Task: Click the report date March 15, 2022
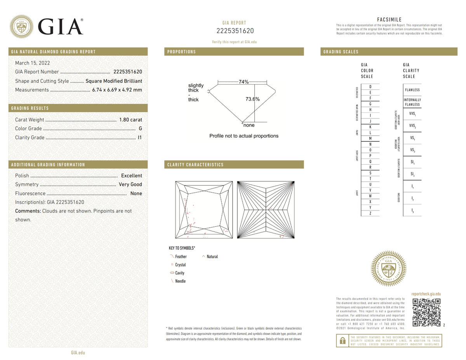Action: [x=32, y=63]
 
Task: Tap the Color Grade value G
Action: [x=140, y=129]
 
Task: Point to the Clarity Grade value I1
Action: [x=140, y=137]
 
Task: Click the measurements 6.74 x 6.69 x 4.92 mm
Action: [x=117, y=90]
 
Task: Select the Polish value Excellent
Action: [x=131, y=176]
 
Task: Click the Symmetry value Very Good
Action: [x=130, y=184]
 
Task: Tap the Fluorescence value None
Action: [x=136, y=193]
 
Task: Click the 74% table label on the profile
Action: [x=243, y=82]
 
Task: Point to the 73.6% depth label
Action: [x=252, y=99]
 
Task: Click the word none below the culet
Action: [x=249, y=125]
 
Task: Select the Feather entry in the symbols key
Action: [x=181, y=257]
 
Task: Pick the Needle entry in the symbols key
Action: [x=180, y=281]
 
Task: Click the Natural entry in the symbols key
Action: [x=212, y=257]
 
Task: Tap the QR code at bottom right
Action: [x=426, y=312]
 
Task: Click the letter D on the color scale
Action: [x=370, y=86]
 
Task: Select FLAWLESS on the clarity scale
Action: [x=412, y=90]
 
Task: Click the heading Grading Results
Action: [x=30, y=108]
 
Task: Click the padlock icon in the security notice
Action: [x=342, y=341]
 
